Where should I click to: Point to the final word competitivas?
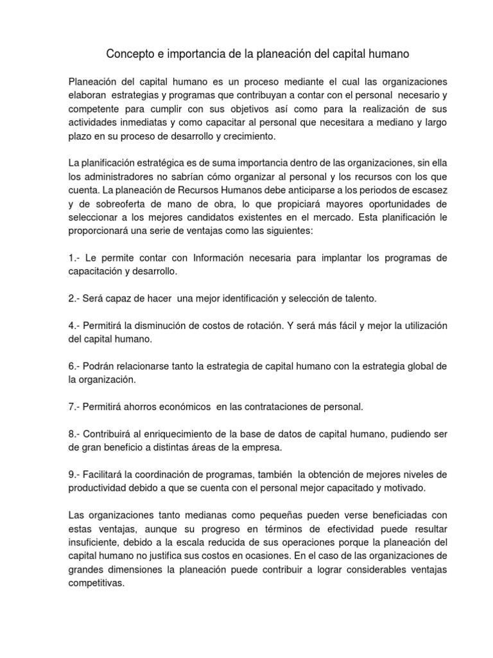[x=96, y=585]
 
